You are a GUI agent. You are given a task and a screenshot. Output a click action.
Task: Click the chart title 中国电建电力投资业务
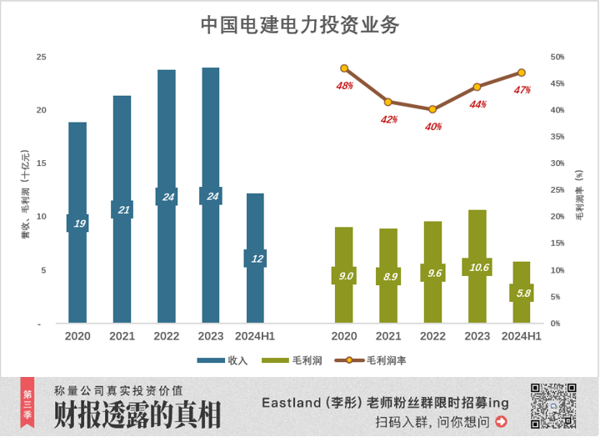pos(300,25)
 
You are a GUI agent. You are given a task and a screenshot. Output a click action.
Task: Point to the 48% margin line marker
pos(344,68)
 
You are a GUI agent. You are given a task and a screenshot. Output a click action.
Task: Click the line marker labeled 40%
pos(432,109)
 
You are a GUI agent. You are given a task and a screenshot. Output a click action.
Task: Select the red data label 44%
pos(477,104)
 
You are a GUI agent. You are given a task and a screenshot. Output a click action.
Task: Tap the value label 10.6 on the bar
pos(477,268)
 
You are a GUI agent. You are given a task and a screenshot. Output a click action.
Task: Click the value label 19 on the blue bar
pos(78,223)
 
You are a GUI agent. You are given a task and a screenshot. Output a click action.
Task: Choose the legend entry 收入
pos(222,360)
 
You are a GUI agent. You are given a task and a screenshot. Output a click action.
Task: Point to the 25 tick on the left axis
pos(41,57)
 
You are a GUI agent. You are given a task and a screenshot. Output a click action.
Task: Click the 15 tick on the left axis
pos(41,163)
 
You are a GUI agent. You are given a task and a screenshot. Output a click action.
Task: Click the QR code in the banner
pos(553,406)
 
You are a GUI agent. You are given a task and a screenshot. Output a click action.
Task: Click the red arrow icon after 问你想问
pos(500,422)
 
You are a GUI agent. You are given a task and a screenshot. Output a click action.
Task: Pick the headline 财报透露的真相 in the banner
pos(137,415)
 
